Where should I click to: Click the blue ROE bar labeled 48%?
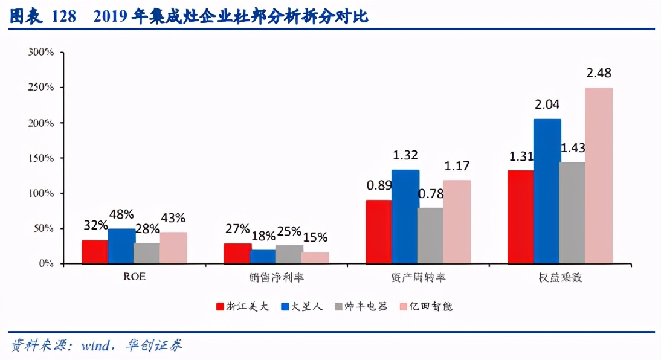[x=121, y=246]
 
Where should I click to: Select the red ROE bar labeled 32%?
[x=95, y=252]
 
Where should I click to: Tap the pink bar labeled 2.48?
[x=599, y=176]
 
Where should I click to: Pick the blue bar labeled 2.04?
[x=547, y=191]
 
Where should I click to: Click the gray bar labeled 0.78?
[x=430, y=236]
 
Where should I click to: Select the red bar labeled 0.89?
[x=379, y=232]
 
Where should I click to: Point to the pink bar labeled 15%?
[x=315, y=258]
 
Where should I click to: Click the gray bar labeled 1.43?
[x=572, y=213]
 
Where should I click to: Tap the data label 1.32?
[x=405, y=155]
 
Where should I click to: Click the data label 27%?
[x=237, y=229]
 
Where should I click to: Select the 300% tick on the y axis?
[x=41, y=52]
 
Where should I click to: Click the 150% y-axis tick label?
[x=41, y=158]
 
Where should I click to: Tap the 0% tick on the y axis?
[x=46, y=264]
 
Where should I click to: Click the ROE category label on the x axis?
[x=134, y=278]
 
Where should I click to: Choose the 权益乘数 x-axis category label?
[x=559, y=278]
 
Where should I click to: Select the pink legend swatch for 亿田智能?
[x=404, y=307]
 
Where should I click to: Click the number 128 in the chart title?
[x=64, y=16]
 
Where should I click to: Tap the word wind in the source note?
[x=95, y=346]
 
